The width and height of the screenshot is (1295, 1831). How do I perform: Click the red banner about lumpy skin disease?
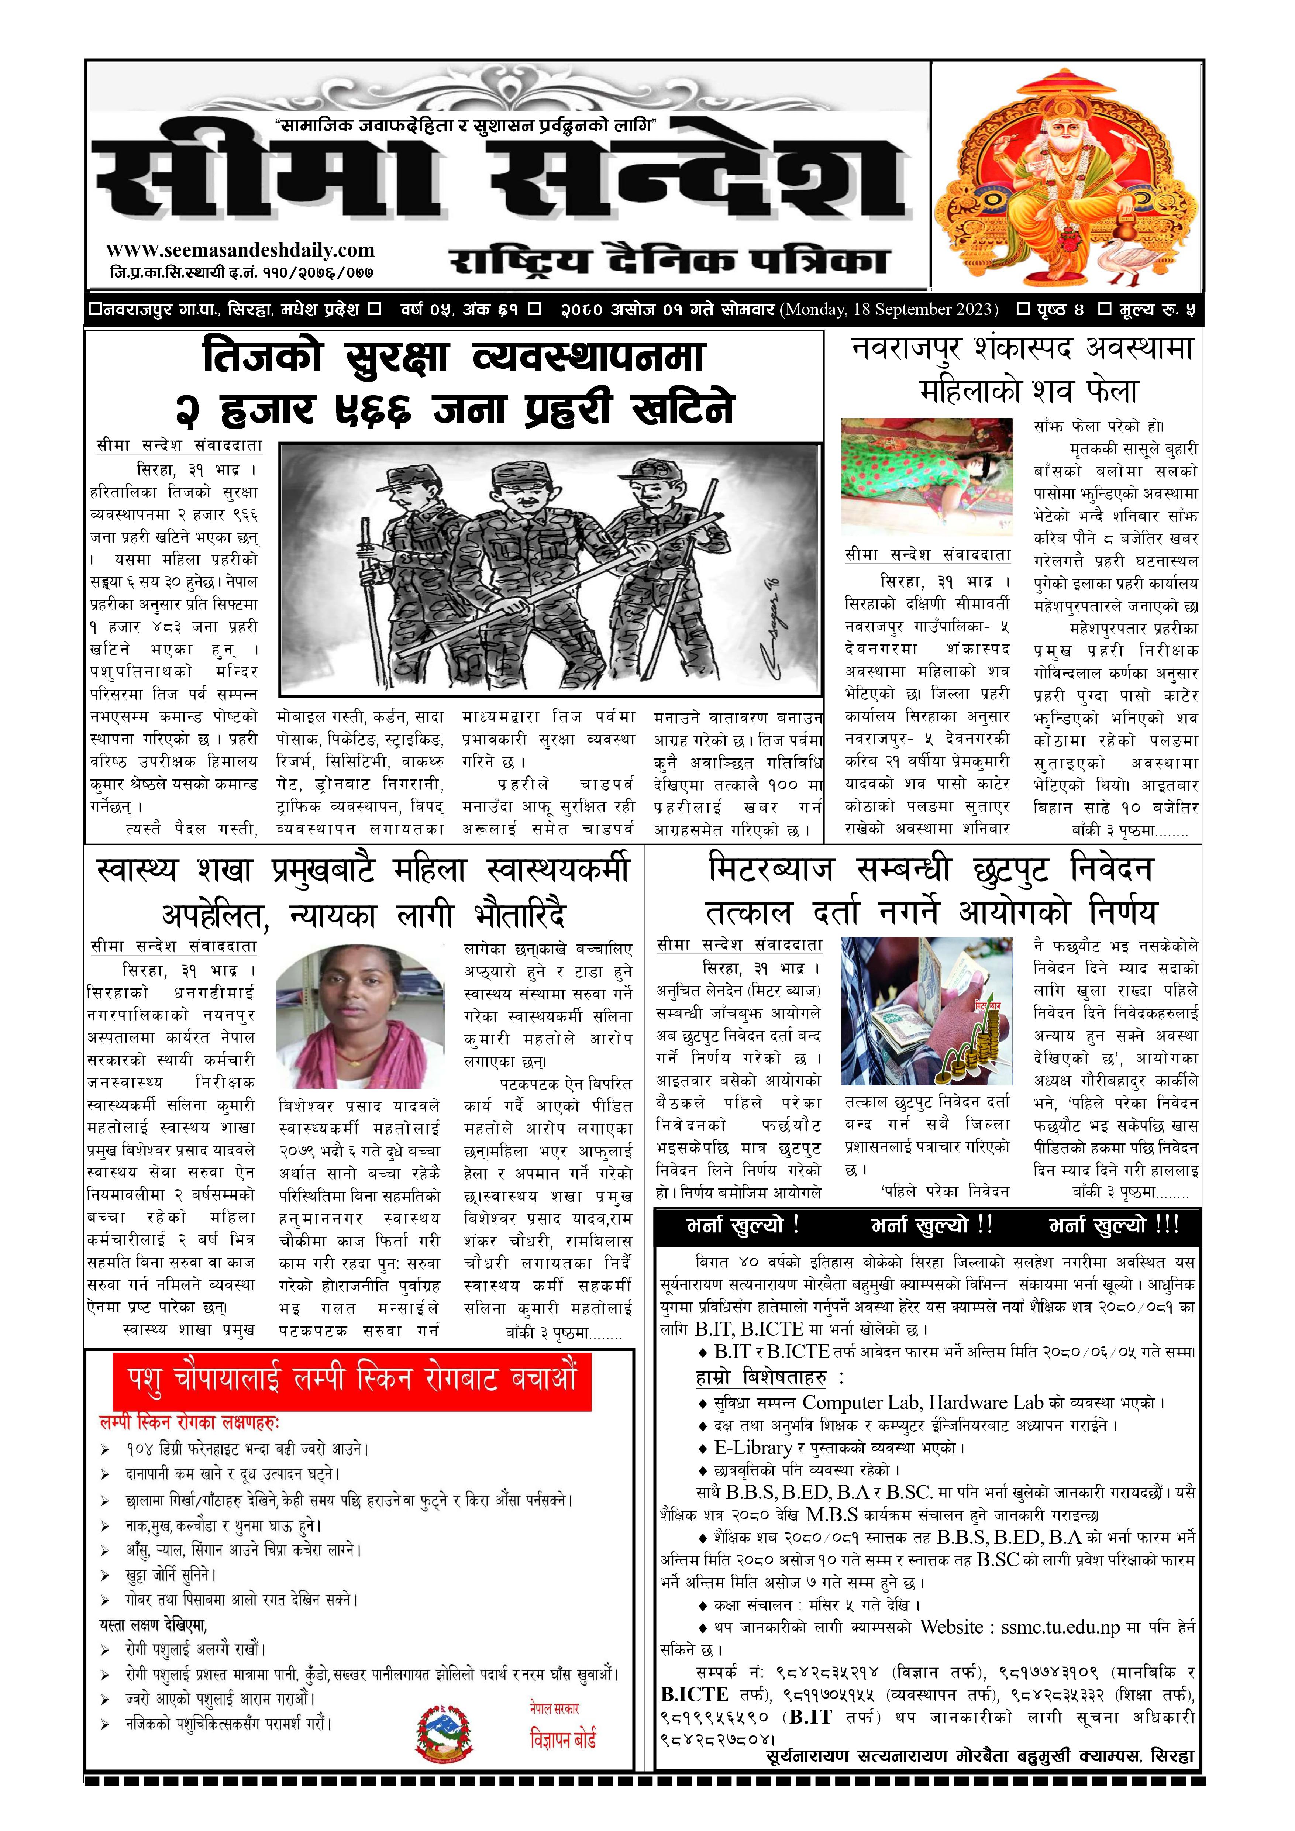click(x=352, y=1381)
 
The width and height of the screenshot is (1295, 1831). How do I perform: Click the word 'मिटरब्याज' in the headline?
click(x=772, y=868)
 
